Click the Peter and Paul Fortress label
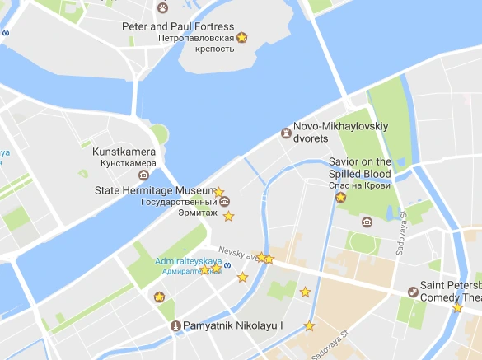(178, 27)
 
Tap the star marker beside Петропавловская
(242, 38)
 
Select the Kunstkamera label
(124, 152)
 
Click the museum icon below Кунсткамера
(143, 175)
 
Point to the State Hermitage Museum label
(155, 190)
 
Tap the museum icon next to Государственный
(224, 202)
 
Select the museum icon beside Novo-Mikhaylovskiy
(286, 133)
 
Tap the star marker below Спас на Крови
(340, 198)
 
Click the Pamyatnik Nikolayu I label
(233, 326)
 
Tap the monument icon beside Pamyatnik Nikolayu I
(175, 326)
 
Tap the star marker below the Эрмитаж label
(229, 217)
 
